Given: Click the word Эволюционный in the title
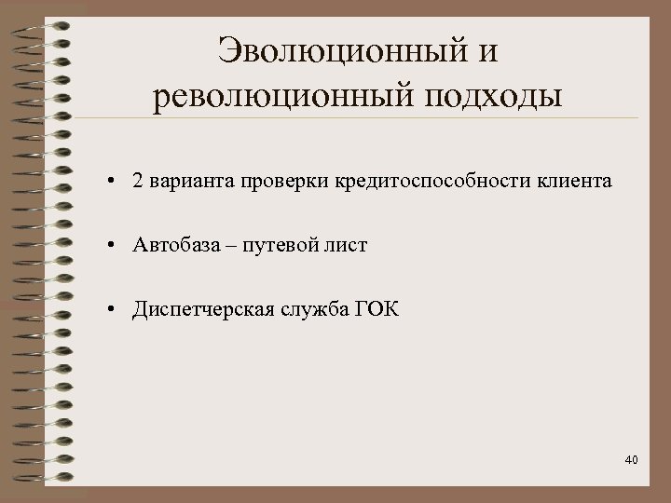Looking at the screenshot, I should pyautogui.click(x=339, y=50).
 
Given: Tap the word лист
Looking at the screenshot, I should pyautogui.click(x=349, y=245).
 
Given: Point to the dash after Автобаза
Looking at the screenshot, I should pyautogui.click(x=229, y=246).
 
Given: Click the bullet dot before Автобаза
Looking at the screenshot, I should pyautogui.click(x=110, y=246).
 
